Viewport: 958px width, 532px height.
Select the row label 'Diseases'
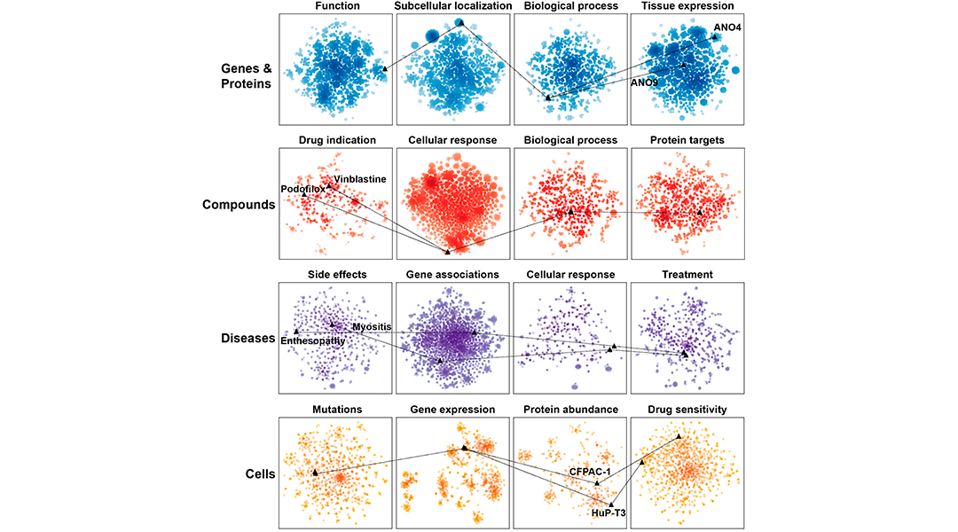pos(247,338)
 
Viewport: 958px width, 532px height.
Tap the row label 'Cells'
pos(257,473)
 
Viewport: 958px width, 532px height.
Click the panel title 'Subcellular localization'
pos(452,6)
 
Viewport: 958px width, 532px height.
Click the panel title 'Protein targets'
pos(687,140)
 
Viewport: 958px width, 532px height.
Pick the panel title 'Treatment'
pos(687,275)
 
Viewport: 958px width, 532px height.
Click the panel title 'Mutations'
pos(336,410)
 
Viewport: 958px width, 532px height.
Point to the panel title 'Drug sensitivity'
pos(687,410)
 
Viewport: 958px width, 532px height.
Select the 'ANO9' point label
pos(644,82)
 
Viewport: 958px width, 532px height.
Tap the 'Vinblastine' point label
pos(360,179)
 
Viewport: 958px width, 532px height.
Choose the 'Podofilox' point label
pos(302,190)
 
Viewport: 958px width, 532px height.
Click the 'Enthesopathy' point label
pos(312,340)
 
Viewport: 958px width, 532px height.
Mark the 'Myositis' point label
pos(372,327)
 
